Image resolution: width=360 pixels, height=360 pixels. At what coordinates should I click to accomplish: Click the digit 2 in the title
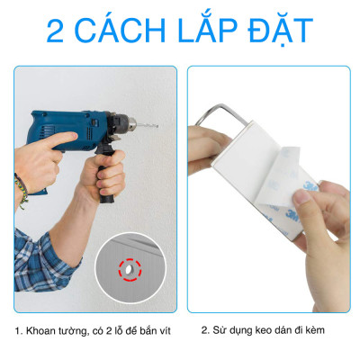[60, 30]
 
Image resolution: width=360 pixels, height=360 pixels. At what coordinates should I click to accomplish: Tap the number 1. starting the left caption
[18, 330]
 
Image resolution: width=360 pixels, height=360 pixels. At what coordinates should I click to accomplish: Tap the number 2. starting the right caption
[204, 330]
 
